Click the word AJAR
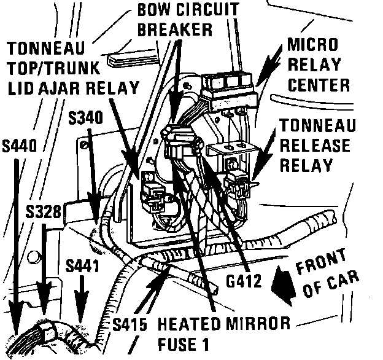pyautogui.click(x=63, y=88)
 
